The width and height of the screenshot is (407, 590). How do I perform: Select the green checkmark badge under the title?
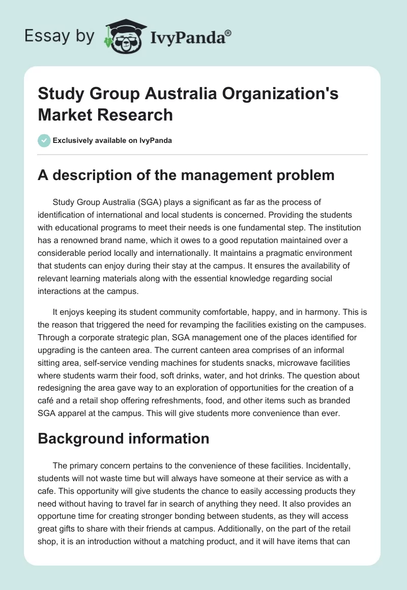point(44,140)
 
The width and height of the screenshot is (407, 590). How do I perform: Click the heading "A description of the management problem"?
point(186,175)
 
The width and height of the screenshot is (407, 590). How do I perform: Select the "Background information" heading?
point(124,438)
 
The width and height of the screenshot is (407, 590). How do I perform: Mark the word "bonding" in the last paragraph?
point(198,515)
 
